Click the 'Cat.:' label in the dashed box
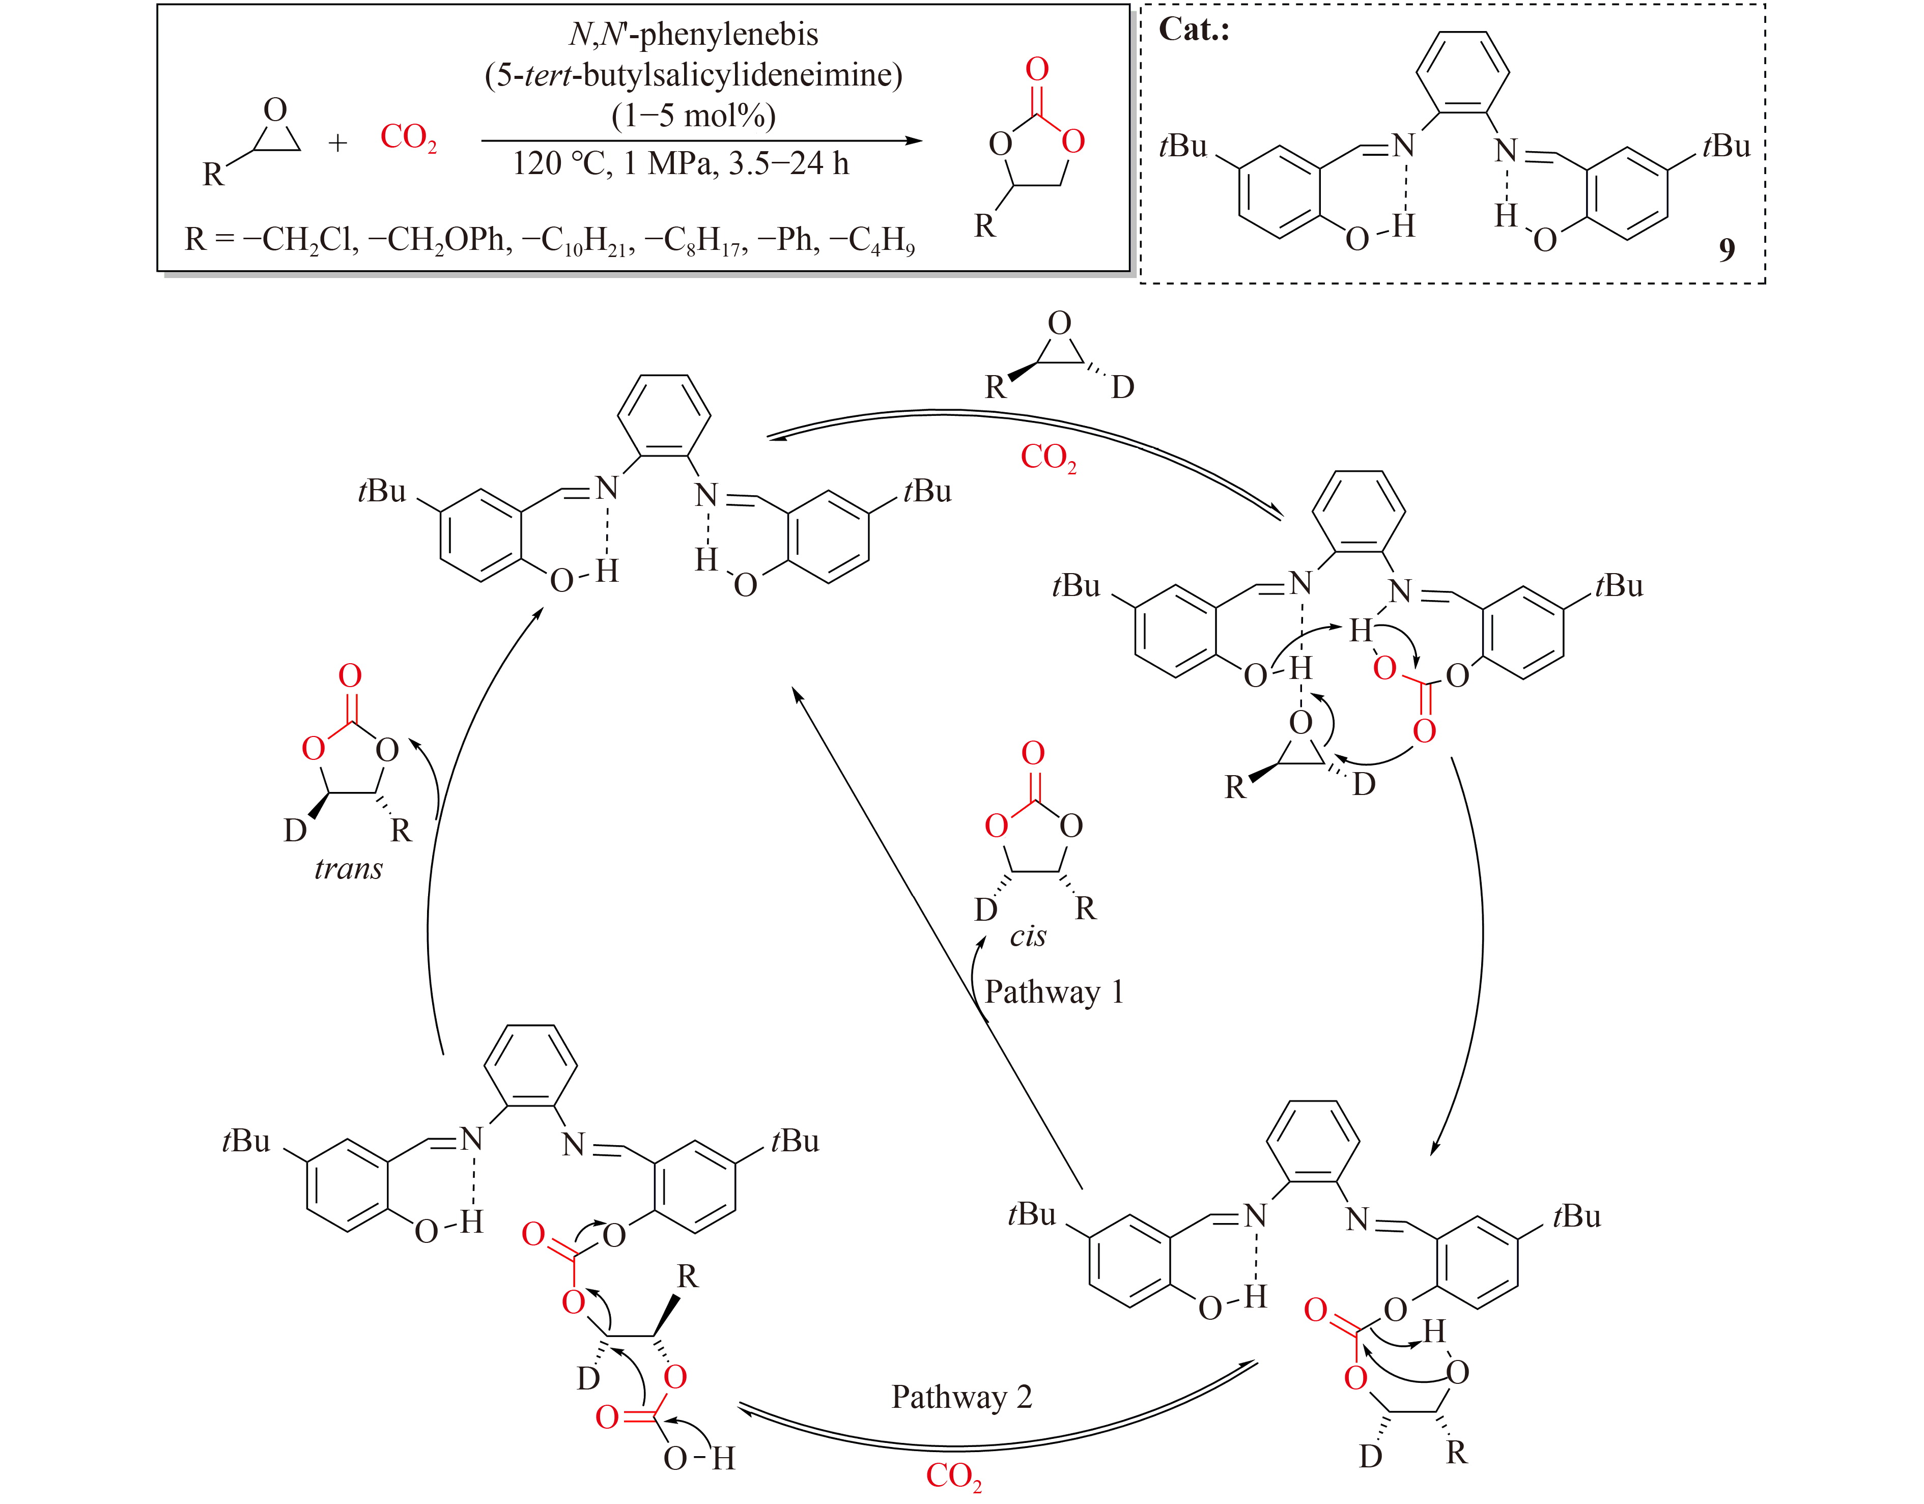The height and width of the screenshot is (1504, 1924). (1194, 30)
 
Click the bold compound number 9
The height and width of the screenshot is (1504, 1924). (1727, 250)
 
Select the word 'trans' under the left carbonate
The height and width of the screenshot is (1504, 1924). (349, 870)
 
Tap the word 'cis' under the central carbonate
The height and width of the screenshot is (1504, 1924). (1028, 935)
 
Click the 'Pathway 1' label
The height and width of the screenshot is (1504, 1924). (1054, 992)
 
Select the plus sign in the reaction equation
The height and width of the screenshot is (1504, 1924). (337, 142)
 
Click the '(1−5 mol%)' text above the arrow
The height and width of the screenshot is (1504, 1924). (693, 116)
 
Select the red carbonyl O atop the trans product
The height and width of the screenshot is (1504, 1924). (350, 676)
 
